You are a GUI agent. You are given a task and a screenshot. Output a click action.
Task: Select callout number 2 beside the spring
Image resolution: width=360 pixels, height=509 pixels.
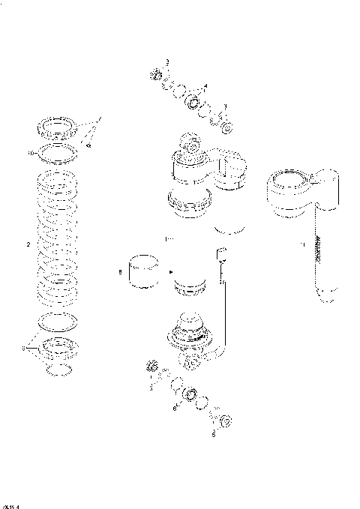(28, 245)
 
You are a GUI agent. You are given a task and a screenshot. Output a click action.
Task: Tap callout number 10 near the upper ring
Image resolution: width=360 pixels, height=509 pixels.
(30, 153)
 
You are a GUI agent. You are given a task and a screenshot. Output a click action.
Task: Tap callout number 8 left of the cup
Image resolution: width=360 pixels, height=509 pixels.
(119, 273)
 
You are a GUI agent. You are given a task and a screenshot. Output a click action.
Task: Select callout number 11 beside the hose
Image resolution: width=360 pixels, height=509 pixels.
(301, 244)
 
